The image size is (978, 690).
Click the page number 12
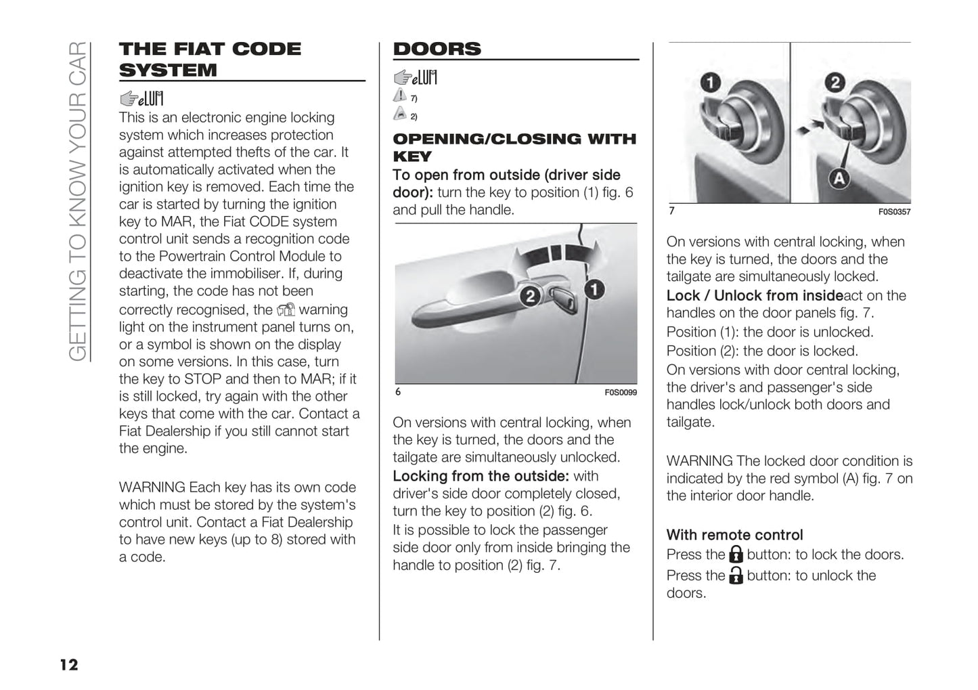pos(69,664)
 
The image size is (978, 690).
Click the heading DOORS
pos(437,49)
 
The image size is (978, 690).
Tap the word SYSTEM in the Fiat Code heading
pos(168,70)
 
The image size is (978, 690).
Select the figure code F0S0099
pos(620,392)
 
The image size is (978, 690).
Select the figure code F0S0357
pos(894,212)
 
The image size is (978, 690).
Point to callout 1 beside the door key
pos(594,290)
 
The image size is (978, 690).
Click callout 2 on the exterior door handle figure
pos(530,296)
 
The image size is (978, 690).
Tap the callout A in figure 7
pos(839,179)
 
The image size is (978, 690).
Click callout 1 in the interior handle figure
pos(709,83)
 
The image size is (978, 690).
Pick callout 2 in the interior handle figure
pos(835,83)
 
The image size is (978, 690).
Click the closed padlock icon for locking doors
pos(736,555)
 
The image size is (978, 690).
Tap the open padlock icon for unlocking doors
pos(736,576)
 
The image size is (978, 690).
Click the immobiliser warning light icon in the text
pos(286,310)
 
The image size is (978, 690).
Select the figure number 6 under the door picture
pos(398,392)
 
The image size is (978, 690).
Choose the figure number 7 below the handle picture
pos(671,211)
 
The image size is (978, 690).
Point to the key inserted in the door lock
pos(562,298)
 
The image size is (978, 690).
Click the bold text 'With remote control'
pos(734,535)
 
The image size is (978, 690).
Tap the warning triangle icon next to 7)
pos(400,96)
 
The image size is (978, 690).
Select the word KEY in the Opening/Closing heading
pos(412,156)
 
